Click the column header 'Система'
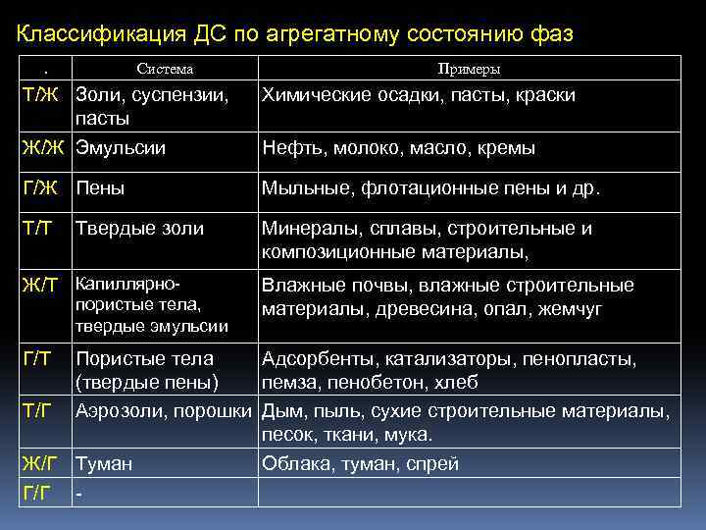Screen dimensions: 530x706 [165, 69]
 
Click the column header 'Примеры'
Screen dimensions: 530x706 [469, 69]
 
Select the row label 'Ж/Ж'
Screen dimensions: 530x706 [43, 148]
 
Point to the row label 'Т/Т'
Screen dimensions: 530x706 [38, 229]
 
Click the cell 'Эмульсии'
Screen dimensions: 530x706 [121, 148]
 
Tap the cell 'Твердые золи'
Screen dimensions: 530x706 [140, 229]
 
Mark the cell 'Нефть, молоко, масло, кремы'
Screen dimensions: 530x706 [398, 148]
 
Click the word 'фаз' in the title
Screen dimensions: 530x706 [553, 34]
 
